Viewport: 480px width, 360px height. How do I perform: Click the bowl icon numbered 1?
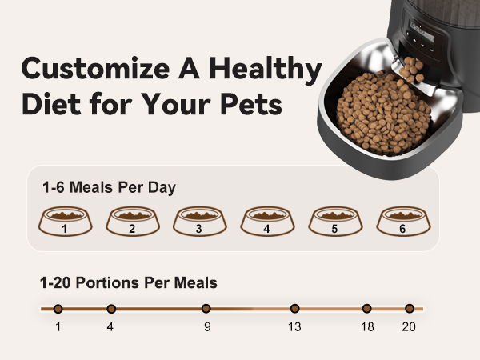tap(64, 222)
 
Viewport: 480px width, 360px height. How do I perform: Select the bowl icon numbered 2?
tap(131, 222)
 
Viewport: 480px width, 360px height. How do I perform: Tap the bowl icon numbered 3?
tap(199, 222)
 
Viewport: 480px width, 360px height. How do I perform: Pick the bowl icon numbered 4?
tap(266, 222)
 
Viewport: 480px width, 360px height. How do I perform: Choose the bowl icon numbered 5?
tap(334, 222)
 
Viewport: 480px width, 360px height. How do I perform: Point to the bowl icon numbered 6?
tap(402, 222)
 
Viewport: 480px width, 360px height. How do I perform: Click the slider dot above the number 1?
tap(58, 308)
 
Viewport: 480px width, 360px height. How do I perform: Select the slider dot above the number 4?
tap(111, 308)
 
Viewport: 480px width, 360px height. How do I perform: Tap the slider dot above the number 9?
tap(206, 308)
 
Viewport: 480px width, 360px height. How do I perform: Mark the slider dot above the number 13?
tap(294, 308)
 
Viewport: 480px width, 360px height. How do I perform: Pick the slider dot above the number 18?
tap(366, 308)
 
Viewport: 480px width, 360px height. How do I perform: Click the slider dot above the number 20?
tap(410, 308)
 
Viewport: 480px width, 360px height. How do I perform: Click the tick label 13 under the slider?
tap(294, 326)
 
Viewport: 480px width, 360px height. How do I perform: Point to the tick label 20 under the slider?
tap(409, 326)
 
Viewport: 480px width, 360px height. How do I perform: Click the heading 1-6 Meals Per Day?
tap(109, 188)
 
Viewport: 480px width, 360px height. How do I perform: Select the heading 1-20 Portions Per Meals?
tap(128, 282)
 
